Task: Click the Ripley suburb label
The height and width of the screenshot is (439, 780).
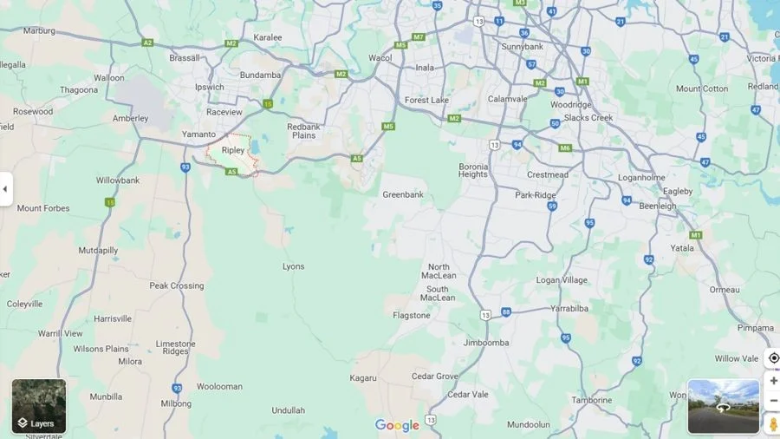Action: point(233,150)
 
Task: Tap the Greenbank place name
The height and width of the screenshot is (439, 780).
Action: point(403,194)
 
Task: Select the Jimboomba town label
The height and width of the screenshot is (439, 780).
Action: point(486,343)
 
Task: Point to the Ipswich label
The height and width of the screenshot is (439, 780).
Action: point(210,88)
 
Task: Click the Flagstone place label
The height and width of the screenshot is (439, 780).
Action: point(411,316)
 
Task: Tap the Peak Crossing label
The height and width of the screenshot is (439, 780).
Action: point(177,285)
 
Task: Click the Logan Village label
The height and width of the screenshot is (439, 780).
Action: point(562,280)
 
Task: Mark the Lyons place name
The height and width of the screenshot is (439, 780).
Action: point(294,266)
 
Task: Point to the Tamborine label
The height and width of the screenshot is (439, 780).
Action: point(592,400)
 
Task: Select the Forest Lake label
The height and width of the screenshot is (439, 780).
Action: point(426,100)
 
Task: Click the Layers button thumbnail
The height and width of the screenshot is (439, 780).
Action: point(39,406)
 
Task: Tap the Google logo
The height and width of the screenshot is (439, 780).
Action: point(397,425)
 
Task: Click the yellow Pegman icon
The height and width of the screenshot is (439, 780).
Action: point(773,424)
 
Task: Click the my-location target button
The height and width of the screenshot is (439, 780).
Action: point(773,358)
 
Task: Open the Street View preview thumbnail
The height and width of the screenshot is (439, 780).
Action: point(723,406)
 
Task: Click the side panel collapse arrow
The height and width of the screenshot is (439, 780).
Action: point(5,188)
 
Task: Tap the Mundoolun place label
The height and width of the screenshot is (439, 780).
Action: point(529,425)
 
